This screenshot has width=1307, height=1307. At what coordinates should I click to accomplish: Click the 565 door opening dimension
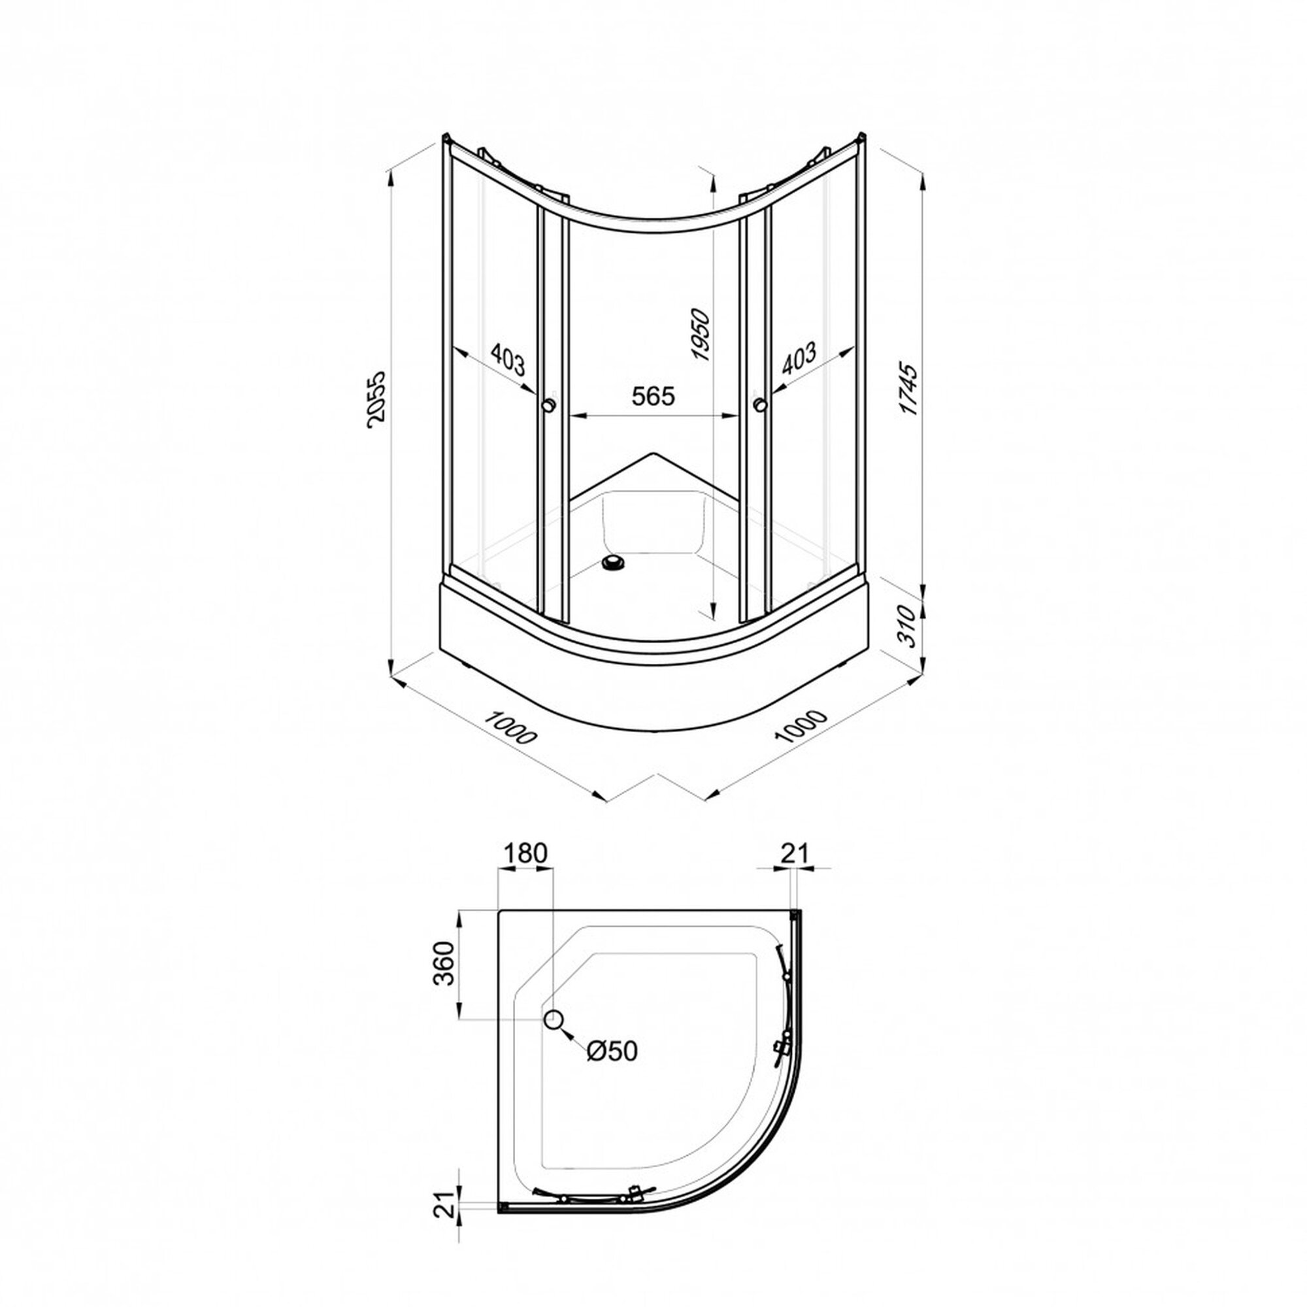coord(653,396)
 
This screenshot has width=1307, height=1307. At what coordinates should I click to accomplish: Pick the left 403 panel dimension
coord(507,360)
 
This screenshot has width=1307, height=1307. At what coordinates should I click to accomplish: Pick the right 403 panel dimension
coord(799,359)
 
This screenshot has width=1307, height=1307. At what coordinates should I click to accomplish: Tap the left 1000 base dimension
coord(512,727)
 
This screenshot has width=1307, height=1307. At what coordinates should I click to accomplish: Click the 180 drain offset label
coord(524,853)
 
